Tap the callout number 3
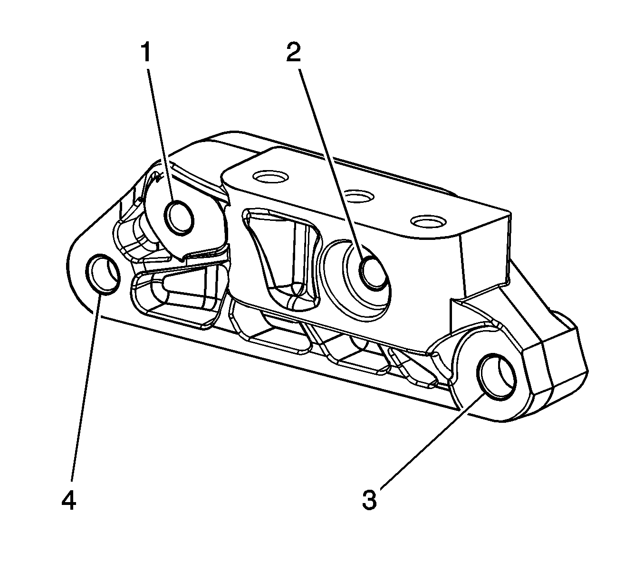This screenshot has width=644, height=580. (x=369, y=500)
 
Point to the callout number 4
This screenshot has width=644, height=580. (x=68, y=501)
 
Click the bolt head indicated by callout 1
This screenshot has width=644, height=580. (x=180, y=217)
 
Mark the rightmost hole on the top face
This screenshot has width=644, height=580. (x=428, y=222)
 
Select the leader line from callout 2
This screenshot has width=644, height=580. (x=333, y=162)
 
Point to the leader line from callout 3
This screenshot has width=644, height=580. (x=428, y=442)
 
